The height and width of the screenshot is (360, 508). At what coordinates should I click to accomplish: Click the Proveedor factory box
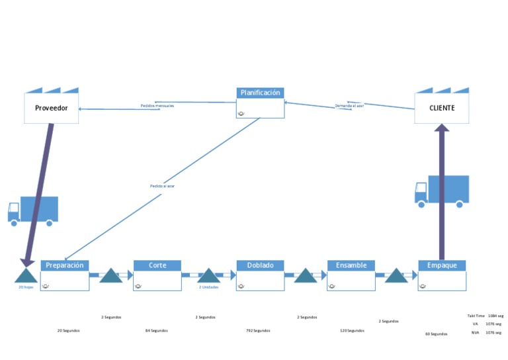[x=51, y=107]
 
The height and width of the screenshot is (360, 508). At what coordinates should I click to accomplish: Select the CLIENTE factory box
[x=441, y=107]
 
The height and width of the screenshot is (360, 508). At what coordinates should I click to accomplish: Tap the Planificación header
[x=260, y=93]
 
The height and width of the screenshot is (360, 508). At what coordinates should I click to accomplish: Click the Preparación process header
[x=64, y=265]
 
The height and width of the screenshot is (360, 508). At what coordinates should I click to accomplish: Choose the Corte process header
[x=157, y=265]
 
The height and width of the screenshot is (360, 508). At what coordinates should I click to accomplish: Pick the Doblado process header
[x=260, y=265]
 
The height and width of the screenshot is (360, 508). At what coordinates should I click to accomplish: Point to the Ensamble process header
[x=351, y=265]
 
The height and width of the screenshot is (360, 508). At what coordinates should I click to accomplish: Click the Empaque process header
[x=441, y=265]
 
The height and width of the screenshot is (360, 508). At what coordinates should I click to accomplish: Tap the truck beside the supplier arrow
[x=33, y=211]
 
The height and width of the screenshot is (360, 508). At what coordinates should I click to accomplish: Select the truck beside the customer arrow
[x=442, y=191]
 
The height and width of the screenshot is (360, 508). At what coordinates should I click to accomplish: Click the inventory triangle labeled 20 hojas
[x=26, y=276]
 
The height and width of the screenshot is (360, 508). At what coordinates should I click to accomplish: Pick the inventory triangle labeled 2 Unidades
[x=208, y=276]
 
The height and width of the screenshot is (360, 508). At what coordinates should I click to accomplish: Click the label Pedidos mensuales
[x=157, y=106]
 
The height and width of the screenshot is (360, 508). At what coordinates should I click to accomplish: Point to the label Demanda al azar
[x=349, y=106]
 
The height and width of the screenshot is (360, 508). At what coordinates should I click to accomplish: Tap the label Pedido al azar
[x=162, y=187]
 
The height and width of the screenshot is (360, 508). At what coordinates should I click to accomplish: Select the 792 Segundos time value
[x=257, y=330]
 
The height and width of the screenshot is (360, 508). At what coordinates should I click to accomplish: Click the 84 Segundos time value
[x=156, y=330]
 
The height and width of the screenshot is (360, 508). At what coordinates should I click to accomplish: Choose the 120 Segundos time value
[x=352, y=330]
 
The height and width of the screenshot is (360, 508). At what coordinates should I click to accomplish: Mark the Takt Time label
[x=476, y=316]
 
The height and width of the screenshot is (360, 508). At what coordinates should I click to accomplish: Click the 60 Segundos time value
[x=436, y=334]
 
